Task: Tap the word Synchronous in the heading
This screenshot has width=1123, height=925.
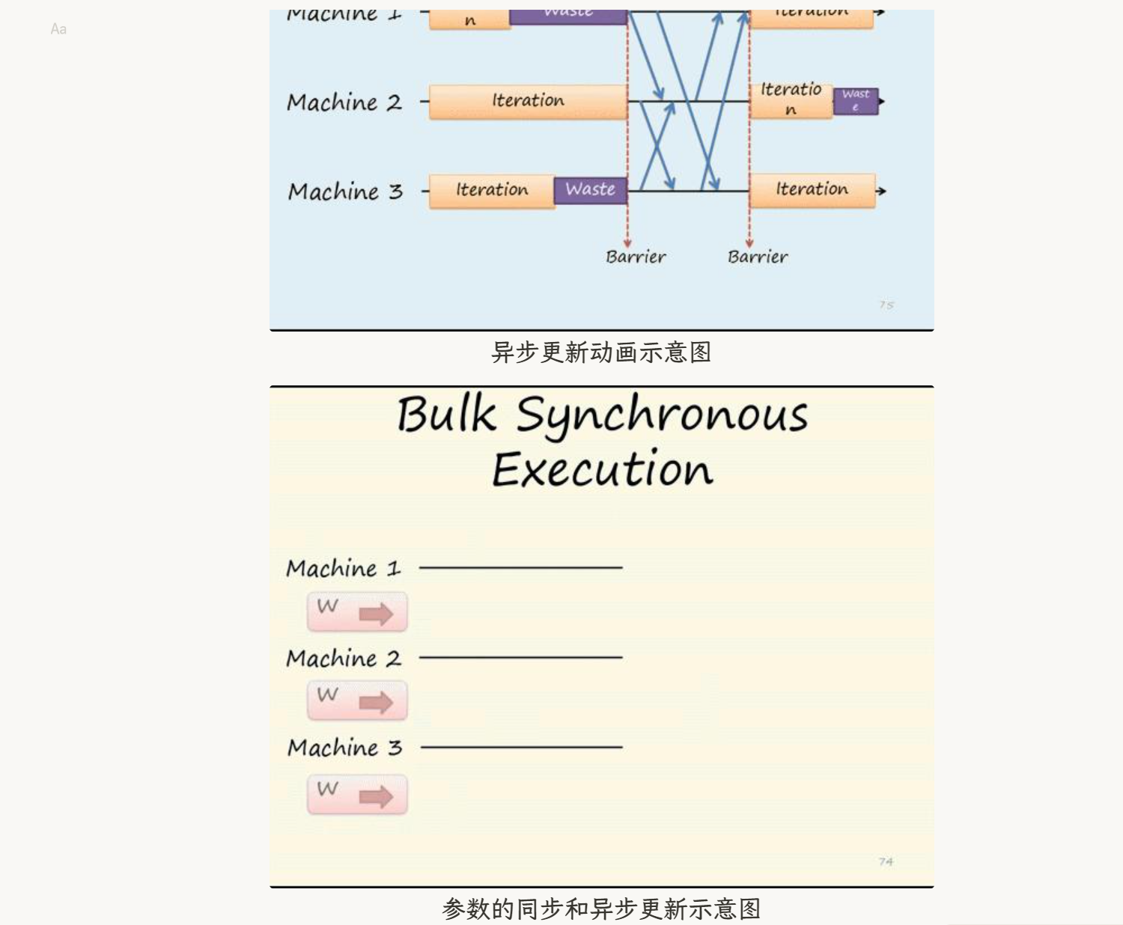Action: coord(662,416)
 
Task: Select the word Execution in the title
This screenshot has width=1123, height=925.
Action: coord(602,470)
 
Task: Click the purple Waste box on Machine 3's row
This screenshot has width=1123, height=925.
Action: coord(590,190)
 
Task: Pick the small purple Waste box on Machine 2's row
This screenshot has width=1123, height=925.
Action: coord(855,100)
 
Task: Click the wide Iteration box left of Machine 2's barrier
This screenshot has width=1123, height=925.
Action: coord(528,101)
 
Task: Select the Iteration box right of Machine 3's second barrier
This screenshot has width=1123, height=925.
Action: coord(812,190)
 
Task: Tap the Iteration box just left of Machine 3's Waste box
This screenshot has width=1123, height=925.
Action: coord(492,191)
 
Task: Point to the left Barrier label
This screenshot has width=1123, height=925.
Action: coord(635,257)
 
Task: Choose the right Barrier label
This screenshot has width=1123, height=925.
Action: coord(757,257)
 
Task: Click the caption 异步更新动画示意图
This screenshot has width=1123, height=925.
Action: coord(601,352)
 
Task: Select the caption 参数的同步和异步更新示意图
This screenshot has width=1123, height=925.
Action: coord(601,909)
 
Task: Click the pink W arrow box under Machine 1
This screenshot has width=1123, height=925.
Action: coord(357,611)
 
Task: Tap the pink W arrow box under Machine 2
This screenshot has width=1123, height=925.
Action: coord(357,700)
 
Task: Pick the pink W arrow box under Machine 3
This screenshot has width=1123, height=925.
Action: coord(357,794)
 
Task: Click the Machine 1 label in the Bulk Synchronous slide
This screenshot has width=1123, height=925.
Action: coord(344,569)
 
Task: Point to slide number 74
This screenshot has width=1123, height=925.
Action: coord(886,862)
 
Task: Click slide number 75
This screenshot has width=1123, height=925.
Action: coord(886,305)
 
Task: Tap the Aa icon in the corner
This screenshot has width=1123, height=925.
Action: coord(58,29)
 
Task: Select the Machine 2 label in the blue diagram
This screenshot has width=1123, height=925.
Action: coord(344,103)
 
